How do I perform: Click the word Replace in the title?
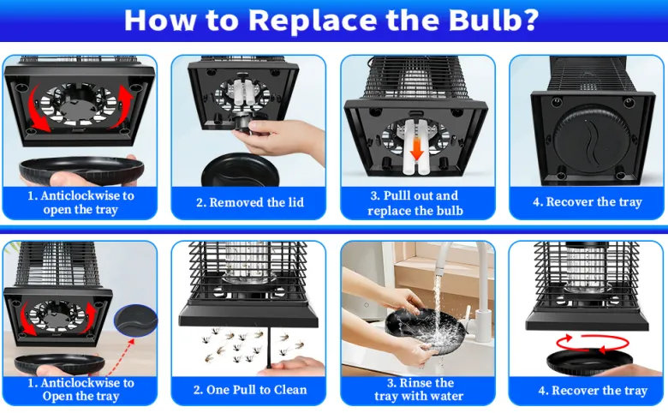[313, 21]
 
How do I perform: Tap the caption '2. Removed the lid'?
[250, 202]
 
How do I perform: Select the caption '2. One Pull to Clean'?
[250, 390]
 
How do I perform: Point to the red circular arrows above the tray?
[593, 344]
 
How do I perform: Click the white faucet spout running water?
[445, 255]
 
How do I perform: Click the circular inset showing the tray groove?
[136, 320]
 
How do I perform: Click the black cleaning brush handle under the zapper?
[269, 348]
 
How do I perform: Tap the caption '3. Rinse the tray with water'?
[419, 390]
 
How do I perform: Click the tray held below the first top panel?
[81, 169]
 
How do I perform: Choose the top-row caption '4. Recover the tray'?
[587, 202]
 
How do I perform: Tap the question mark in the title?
[530, 20]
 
